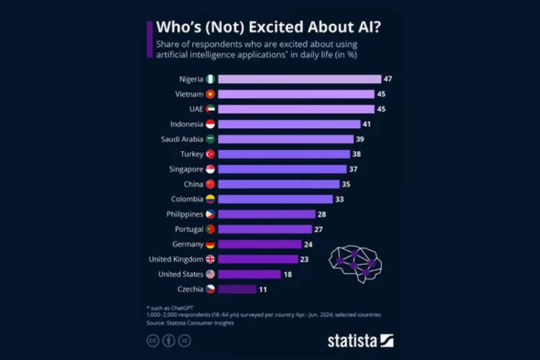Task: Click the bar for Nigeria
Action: pos(299,79)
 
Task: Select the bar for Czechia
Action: pos(236,289)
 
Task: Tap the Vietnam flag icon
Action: pos(210,94)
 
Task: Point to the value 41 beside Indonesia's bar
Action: pos(366,124)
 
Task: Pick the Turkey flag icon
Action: pos(210,154)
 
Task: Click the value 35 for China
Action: pos(346,184)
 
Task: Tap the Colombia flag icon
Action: pos(210,199)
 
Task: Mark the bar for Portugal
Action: pos(264,229)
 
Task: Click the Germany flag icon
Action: pos(210,244)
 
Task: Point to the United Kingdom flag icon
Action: pos(210,259)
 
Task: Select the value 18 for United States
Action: pos(287,274)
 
